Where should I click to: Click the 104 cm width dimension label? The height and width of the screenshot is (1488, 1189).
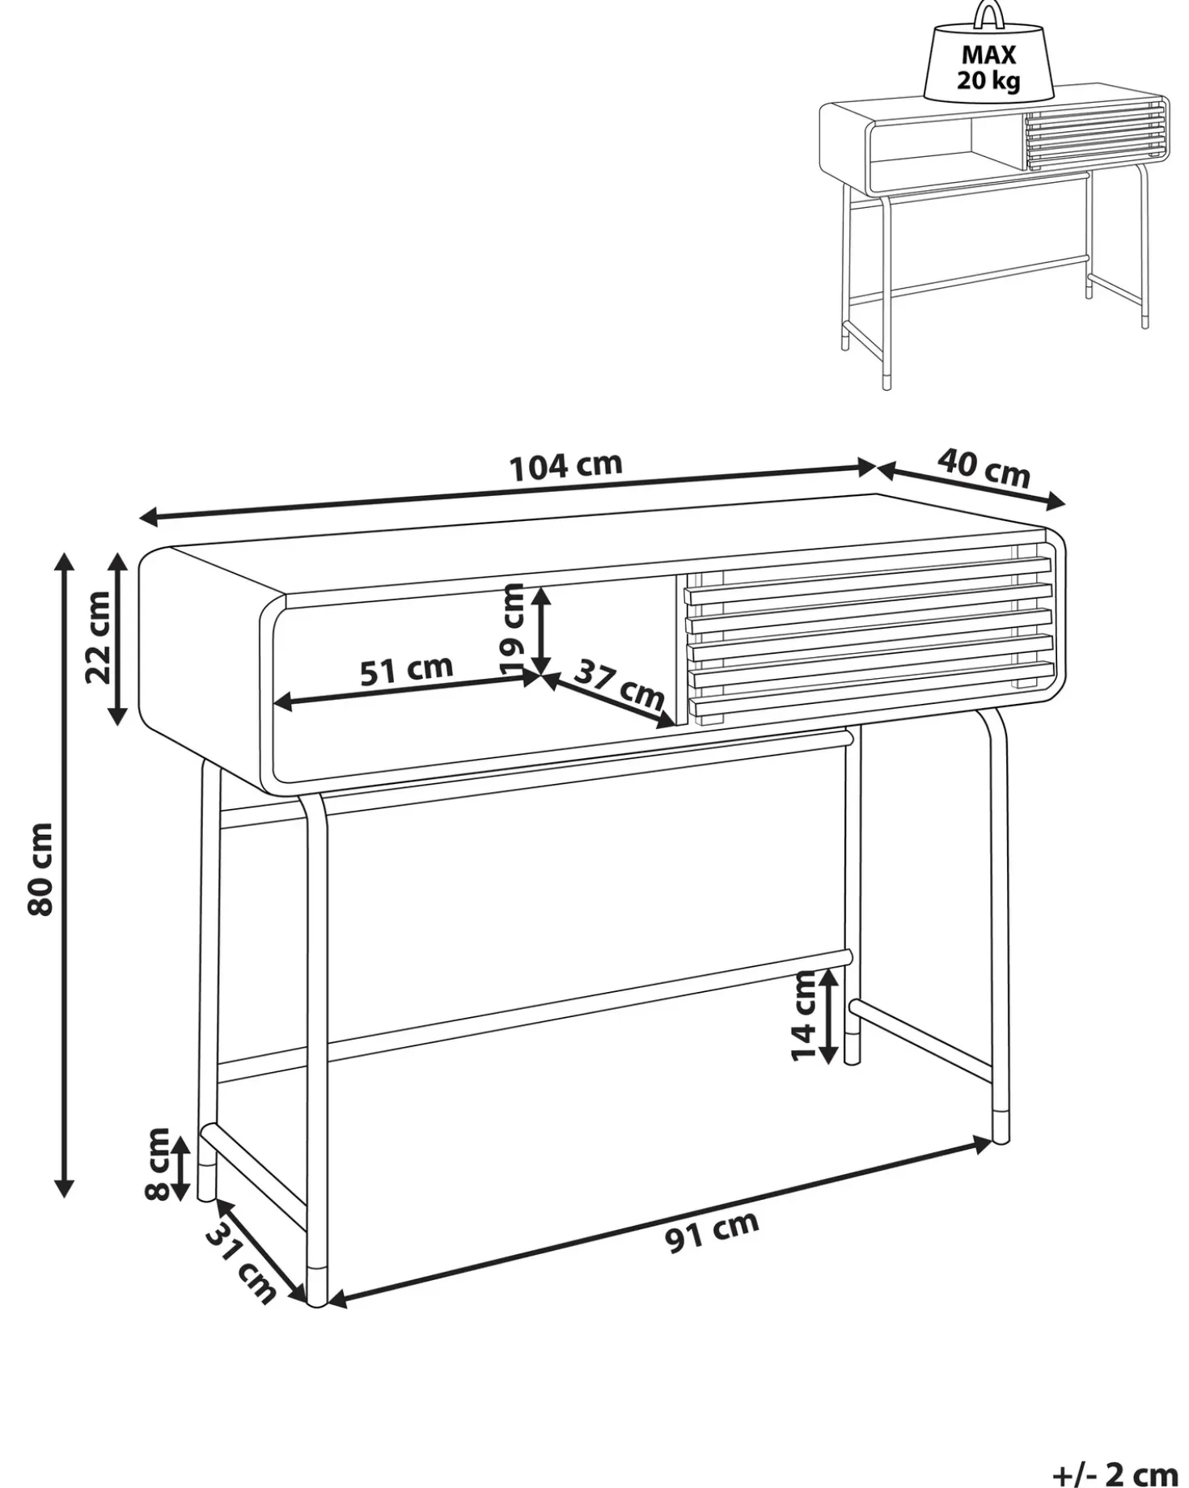566,467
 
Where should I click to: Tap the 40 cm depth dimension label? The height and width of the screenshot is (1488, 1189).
984,468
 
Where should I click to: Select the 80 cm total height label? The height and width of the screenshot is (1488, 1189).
40,869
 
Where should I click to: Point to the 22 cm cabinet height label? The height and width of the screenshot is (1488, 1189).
98,637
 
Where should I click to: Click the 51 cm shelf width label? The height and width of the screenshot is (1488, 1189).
406,671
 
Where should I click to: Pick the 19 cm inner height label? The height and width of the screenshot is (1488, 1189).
513,629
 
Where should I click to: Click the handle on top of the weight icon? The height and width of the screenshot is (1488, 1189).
988,15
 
